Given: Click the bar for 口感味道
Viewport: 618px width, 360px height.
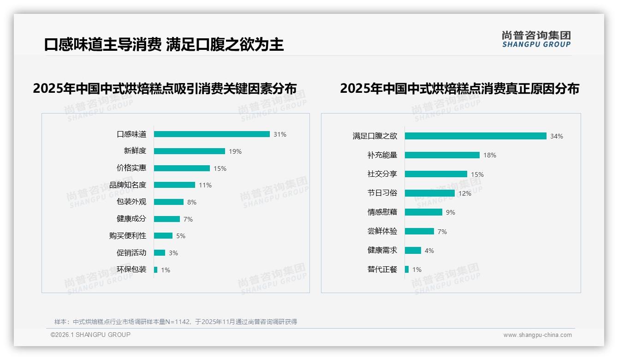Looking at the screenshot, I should [x=212, y=134].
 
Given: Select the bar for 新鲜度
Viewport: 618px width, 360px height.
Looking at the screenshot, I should [x=190, y=151].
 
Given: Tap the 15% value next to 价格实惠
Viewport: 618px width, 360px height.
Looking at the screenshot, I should [x=220, y=168].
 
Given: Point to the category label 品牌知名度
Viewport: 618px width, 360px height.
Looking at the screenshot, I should [x=128, y=185].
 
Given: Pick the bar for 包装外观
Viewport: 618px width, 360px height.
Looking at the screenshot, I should [x=169, y=202].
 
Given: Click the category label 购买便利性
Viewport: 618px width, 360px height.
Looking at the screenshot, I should [x=128, y=236].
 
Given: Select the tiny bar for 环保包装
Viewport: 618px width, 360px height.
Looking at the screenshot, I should [x=156, y=270].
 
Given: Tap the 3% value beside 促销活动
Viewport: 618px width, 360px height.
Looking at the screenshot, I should [x=173, y=253].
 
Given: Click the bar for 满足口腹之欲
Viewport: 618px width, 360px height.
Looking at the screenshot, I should [x=475, y=136].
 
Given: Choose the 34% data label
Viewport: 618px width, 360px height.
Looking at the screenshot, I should [x=557, y=136].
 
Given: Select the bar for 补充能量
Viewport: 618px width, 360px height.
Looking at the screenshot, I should [x=442, y=155].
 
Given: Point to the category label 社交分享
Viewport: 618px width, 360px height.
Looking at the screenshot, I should [x=382, y=174].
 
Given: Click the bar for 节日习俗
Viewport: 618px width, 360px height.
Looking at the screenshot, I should [x=430, y=193].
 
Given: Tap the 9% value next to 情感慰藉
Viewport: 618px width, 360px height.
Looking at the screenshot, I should [x=451, y=212].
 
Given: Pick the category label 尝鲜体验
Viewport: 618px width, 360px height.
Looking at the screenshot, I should [x=382, y=231].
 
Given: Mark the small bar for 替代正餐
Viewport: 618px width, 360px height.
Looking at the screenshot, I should [x=407, y=269].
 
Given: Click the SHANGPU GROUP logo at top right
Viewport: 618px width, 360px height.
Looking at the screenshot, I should [x=536, y=39].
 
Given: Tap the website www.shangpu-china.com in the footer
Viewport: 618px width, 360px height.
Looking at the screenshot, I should [x=537, y=335].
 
